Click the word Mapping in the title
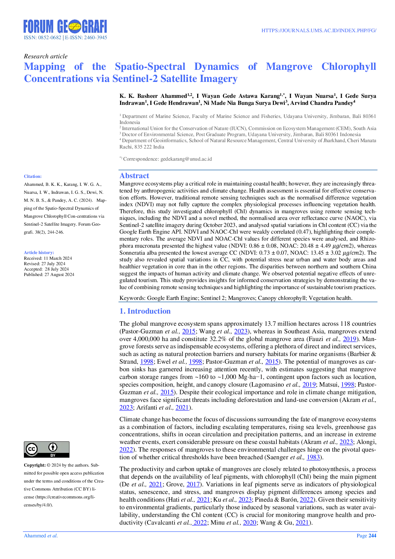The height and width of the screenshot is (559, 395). coord(44,67)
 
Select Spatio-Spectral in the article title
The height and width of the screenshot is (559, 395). coord(150,67)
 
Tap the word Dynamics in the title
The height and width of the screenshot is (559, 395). coord(216,67)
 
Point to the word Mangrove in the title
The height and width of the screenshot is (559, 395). coord(289,67)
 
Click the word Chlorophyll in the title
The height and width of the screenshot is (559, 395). coord(349,67)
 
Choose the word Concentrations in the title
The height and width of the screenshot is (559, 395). coord(58,78)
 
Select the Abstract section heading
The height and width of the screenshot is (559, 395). coord(134,175)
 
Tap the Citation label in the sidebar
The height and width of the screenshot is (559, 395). coord(32,176)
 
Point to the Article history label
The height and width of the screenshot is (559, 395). coord(39,252)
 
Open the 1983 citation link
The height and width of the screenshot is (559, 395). coord(313,457)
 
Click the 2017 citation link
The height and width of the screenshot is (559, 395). coord(193,485)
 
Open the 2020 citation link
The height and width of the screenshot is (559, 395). coord(249,523)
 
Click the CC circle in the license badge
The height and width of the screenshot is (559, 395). coord(32,449)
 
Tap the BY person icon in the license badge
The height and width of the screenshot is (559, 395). coord(53,447)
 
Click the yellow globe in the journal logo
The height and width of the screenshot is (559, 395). coord(75,26)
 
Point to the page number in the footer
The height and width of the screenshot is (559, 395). coord(367,536)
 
